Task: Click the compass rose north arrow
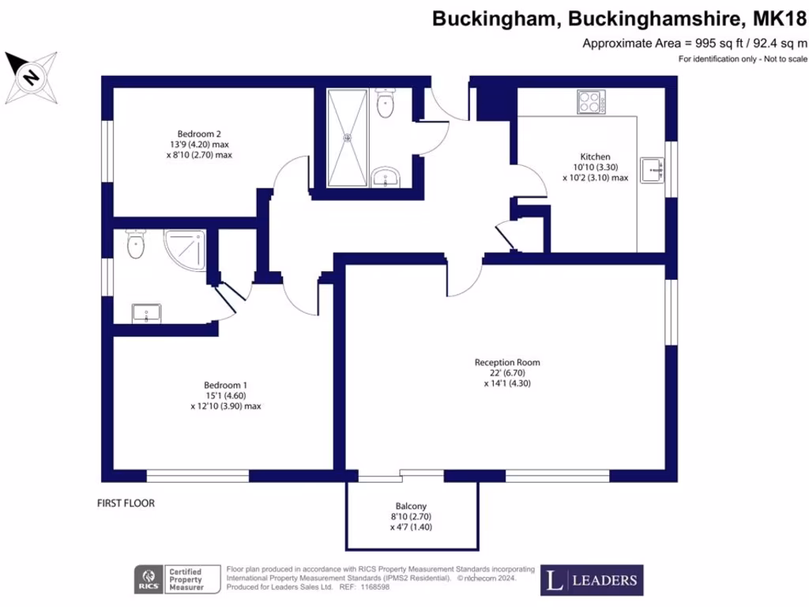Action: pos(32,77)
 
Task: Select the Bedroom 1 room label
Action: pos(225,386)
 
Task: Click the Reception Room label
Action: pos(507,363)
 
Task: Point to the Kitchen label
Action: pos(595,156)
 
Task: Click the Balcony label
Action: pos(411,506)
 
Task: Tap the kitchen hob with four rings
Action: pos(590,102)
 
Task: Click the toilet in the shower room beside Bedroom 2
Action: pos(386,104)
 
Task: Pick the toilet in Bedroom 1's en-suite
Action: pos(135,245)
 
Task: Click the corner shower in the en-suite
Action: pos(186,249)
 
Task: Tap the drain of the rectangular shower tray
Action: pos(346,136)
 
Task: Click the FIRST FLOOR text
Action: pos(126,503)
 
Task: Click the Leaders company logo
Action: pos(592,580)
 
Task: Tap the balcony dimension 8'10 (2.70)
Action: pos(411,517)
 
